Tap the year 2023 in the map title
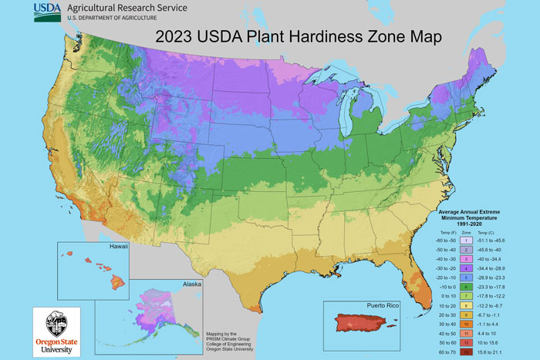176,36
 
